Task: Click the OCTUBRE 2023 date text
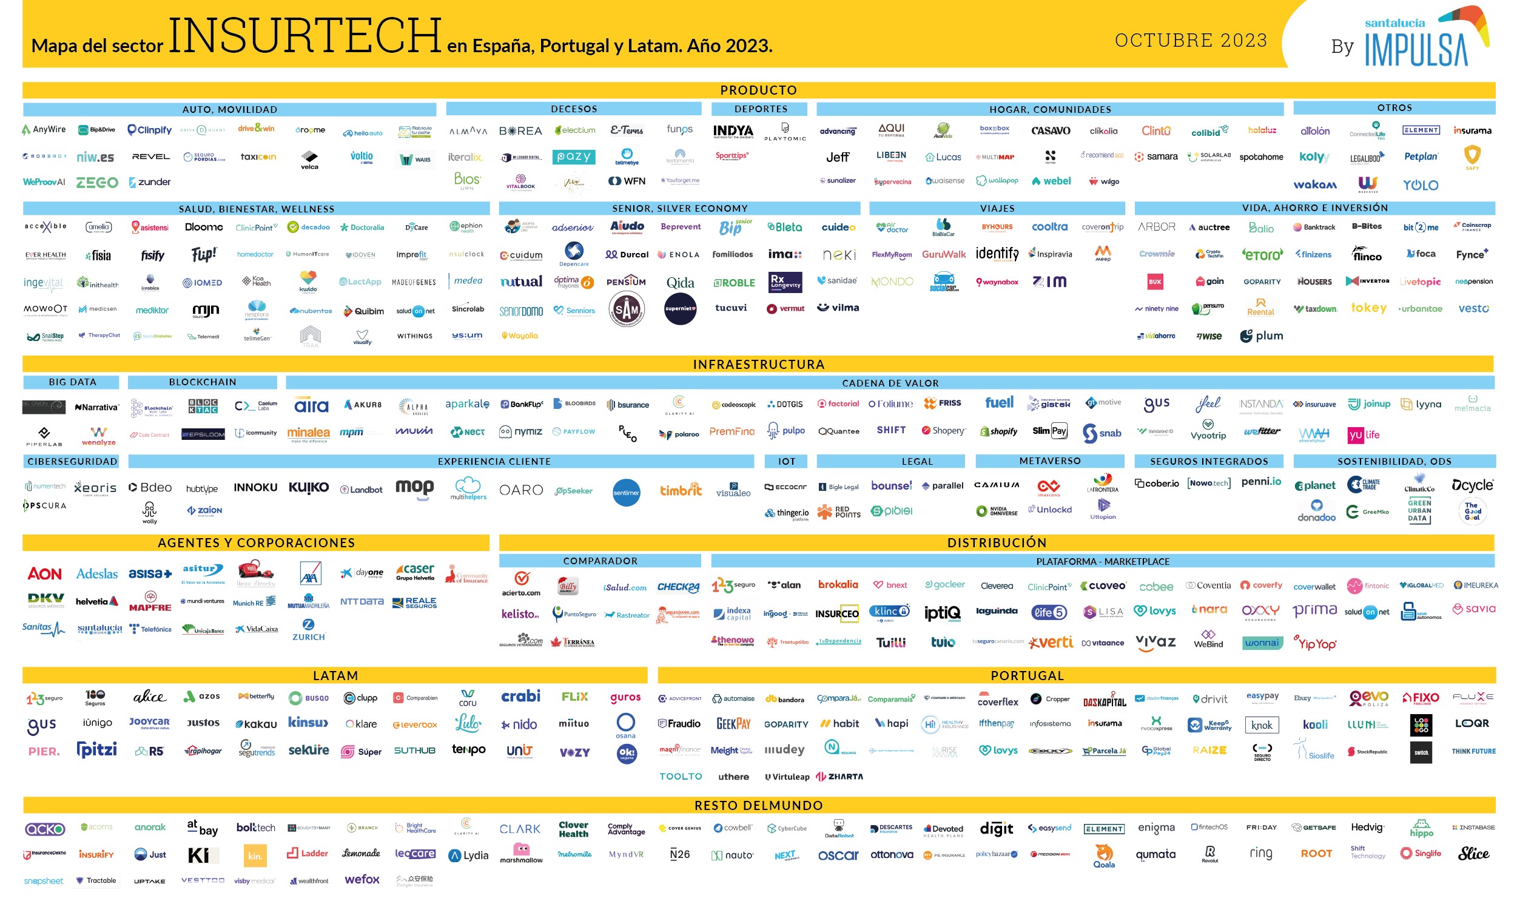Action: [x=1191, y=40]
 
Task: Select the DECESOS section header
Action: [x=573, y=109]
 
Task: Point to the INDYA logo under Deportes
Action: [x=733, y=131]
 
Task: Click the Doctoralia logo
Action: [x=362, y=228]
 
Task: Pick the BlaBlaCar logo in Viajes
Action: [x=943, y=227]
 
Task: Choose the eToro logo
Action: [x=1262, y=254]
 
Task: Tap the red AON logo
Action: [x=44, y=574]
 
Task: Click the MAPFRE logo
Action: [x=150, y=602]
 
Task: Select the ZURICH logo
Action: [x=308, y=630]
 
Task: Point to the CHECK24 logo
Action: [x=678, y=587]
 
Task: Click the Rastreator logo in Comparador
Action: [x=627, y=615]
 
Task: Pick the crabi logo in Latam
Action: [x=520, y=696]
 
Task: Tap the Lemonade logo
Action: [x=361, y=854]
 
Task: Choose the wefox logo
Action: [x=362, y=879]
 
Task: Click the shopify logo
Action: [x=998, y=431]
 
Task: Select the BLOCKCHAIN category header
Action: [x=202, y=382]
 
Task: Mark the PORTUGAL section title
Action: [x=1027, y=676]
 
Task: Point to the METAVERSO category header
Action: [x=1049, y=461]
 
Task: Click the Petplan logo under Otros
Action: [x=1421, y=157]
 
